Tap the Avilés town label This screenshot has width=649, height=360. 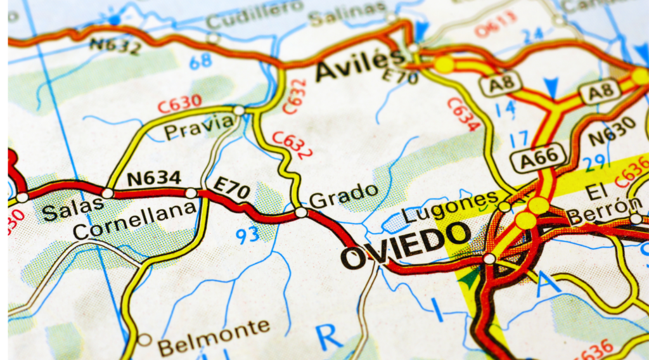pyautogui.click(x=359, y=66)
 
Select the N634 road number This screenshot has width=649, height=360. pyautogui.click(x=154, y=178)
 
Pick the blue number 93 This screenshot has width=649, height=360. pyautogui.click(x=247, y=235)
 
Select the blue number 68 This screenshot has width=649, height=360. pyautogui.click(x=200, y=61)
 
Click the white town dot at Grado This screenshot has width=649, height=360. pyautogui.click(x=301, y=212)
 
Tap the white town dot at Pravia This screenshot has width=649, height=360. pyautogui.click(x=239, y=111)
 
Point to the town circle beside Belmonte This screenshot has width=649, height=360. pyautogui.click(x=145, y=340)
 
